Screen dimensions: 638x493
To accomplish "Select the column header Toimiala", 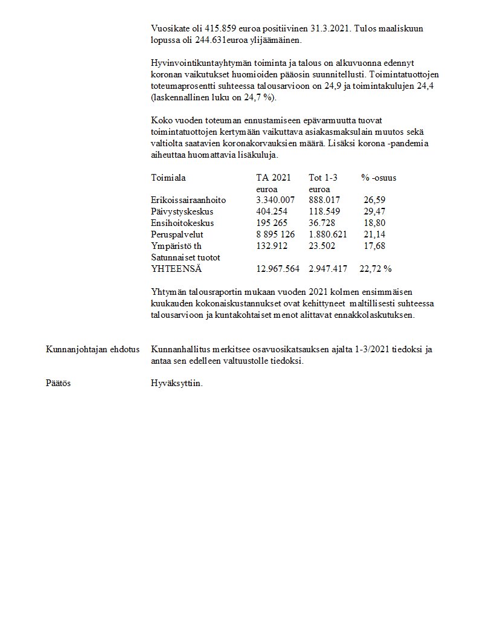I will coord(168,178).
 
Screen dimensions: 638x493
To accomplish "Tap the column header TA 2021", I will coord(273,178).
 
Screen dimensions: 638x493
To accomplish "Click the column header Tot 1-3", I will coord(323,178).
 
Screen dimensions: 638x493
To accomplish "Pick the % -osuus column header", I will coord(379,178).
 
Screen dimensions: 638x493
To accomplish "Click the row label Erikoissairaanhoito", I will coord(188,201).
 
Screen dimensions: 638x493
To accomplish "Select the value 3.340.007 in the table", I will coord(275,201).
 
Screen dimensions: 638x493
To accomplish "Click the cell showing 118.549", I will coord(324,212).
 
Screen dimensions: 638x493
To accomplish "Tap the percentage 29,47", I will coord(374,212).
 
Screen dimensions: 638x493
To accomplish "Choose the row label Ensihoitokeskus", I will coord(182,224).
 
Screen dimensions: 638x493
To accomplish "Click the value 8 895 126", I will coord(275,234).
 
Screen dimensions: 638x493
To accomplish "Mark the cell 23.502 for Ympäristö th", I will coord(321,246).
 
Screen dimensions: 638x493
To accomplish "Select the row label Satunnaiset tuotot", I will coord(185,257).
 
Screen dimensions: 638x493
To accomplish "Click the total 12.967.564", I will coord(278,269).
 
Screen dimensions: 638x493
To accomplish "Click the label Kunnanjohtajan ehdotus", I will coord(92,350).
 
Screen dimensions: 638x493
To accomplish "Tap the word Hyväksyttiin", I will coord(176,383).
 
